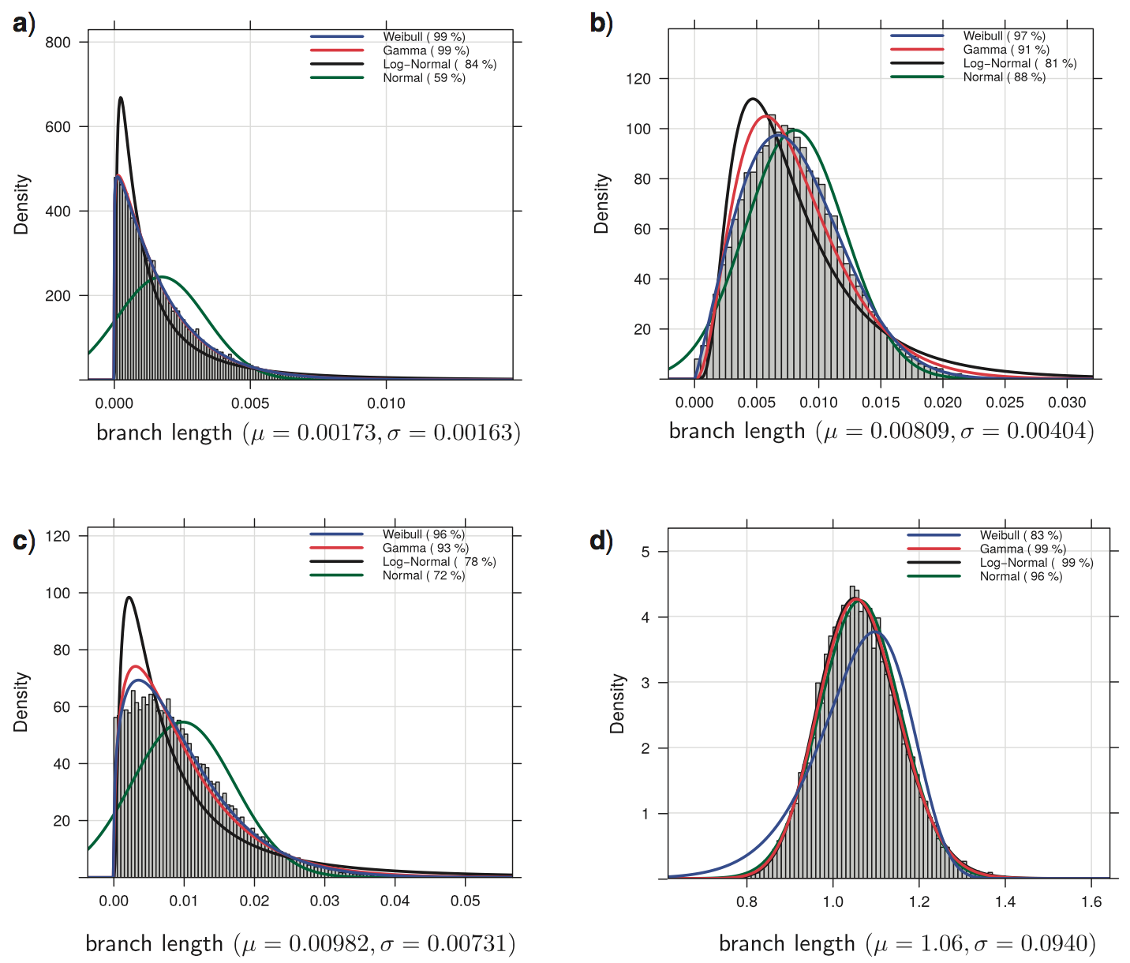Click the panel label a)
point(24,24)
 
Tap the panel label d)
point(601,541)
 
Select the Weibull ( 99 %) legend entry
point(424,37)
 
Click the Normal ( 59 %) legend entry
point(424,78)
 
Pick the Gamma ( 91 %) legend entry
point(1006,50)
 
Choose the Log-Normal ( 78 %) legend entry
point(439,562)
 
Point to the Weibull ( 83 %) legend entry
point(1020,535)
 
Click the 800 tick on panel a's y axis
point(58,43)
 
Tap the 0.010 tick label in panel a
point(386,403)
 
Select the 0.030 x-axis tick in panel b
point(1067,403)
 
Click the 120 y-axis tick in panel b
point(638,79)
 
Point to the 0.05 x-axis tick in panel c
point(465,901)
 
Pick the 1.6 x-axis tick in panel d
point(1091,901)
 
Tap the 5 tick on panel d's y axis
point(645,552)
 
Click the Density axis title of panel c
point(21,702)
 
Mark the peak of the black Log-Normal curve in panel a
point(121,98)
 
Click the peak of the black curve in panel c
point(129,597)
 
